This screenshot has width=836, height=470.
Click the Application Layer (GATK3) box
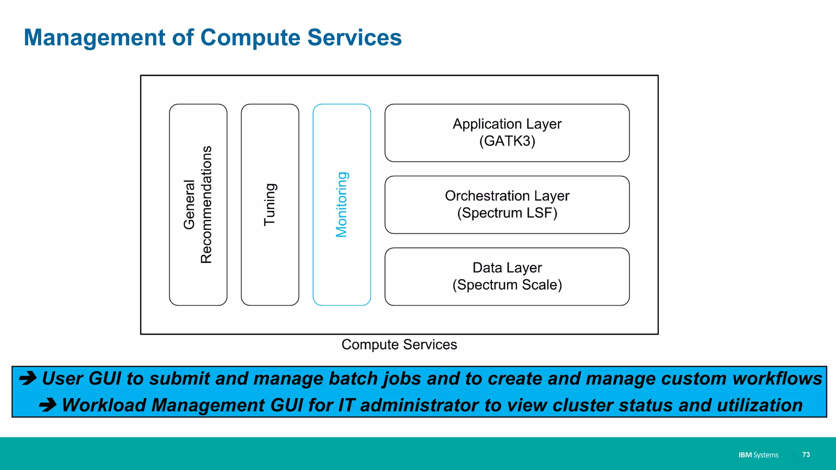coord(507,133)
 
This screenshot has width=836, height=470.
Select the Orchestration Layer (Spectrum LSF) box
coord(507,205)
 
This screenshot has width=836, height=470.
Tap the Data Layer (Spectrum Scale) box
coord(507,277)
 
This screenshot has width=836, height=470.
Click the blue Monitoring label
coord(342,205)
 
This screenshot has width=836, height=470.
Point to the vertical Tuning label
coord(270,205)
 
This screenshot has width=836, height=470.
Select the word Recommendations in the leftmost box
coord(207,205)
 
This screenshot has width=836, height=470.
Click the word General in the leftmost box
coord(189,205)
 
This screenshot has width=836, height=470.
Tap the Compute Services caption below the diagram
coord(399,345)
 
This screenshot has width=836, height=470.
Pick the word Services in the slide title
coord(354,38)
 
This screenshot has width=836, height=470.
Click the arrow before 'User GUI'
coord(28,379)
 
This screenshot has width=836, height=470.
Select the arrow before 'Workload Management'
coord(48,405)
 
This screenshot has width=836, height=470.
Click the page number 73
coord(806,454)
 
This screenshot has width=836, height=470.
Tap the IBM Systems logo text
coord(758,455)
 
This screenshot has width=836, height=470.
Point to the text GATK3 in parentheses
coord(507,141)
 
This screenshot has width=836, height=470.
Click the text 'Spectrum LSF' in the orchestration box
coord(507,213)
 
